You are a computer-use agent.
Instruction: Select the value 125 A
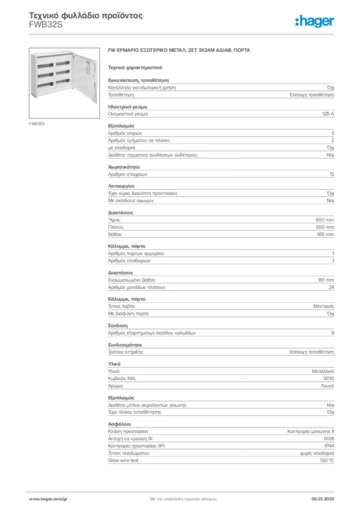[328, 114]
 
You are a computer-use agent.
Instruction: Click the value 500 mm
[325, 220]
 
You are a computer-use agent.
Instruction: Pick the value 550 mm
[325, 227]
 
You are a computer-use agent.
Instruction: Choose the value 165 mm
[325, 234]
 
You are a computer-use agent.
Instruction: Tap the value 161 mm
[326, 280]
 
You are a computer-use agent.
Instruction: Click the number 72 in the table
[331, 174]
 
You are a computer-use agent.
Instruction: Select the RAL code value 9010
[328, 379]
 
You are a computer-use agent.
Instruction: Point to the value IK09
[329, 439]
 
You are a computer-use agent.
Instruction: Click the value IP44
[329, 446]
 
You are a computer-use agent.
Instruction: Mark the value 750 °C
[325, 460]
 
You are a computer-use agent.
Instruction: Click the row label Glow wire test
[123, 460]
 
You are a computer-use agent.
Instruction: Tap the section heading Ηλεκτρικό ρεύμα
[127, 107]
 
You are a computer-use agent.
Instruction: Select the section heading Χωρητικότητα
[124, 168]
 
